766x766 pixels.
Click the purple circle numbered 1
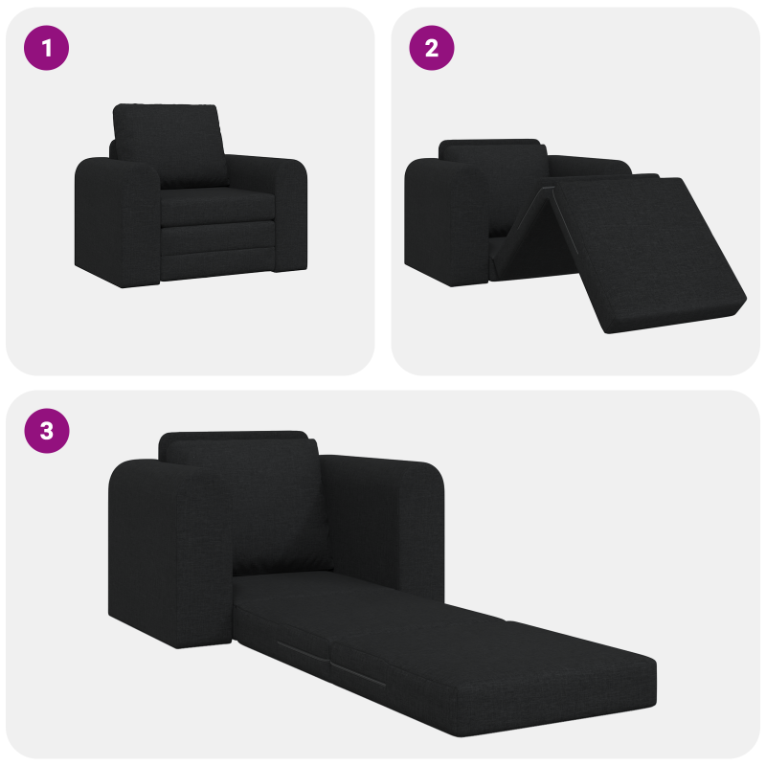(x=46, y=47)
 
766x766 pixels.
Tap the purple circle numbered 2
(x=432, y=47)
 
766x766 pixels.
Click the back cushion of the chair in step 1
(x=169, y=144)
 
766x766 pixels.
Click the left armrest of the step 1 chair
(x=115, y=220)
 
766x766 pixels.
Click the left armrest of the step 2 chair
(x=445, y=220)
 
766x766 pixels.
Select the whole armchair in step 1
(x=191, y=196)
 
